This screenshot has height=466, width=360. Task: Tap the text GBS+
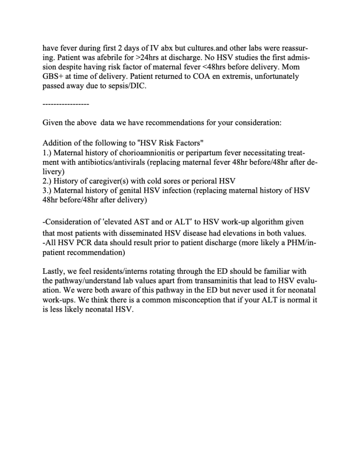click(52, 76)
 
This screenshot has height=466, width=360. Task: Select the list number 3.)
click(47, 190)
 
